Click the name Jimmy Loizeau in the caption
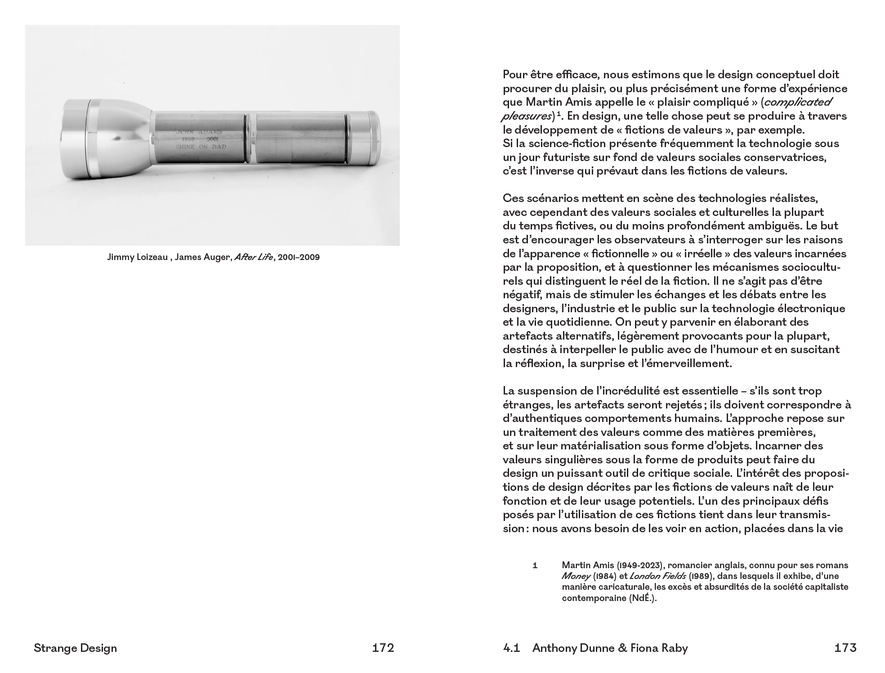click(137, 258)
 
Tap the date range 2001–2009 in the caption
click(299, 258)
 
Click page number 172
click(383, 648)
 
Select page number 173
click(845, 648)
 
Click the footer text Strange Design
click(75, 648)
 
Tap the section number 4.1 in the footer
click(511, 648)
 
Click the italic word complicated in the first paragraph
click(795, 102)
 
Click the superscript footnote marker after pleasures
click(558, 114)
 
